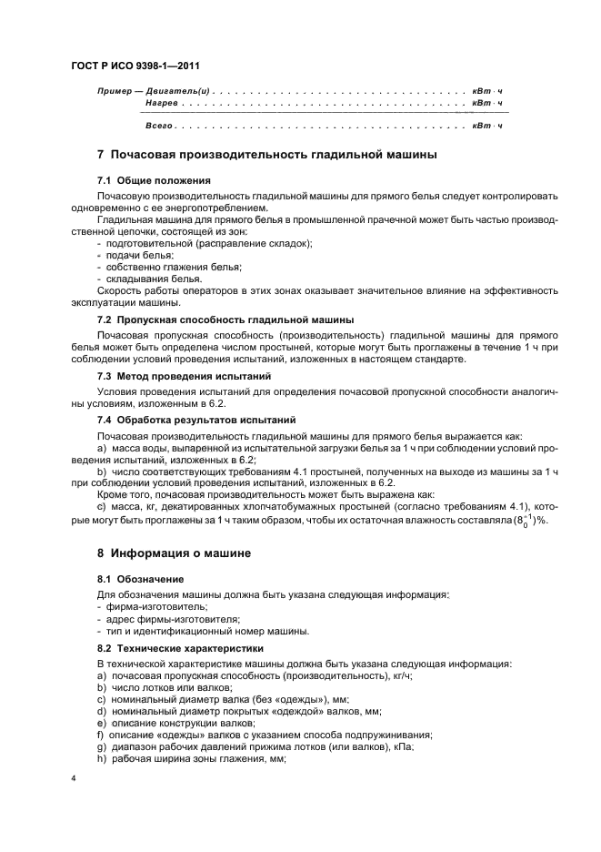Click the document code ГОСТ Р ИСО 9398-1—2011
[135, 66]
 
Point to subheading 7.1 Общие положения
[141, 180]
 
